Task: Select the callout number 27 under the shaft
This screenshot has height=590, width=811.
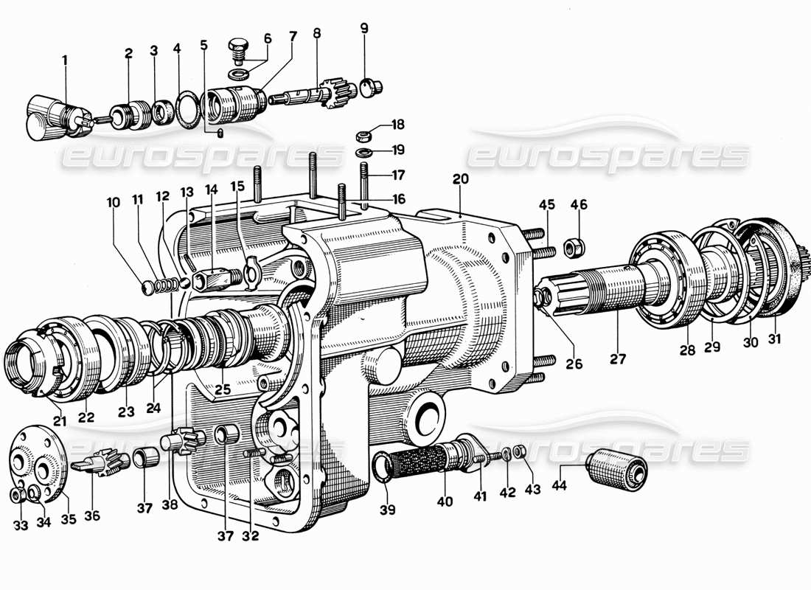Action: (x=617, y=359)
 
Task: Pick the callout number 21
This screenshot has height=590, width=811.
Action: (x=59, y=421)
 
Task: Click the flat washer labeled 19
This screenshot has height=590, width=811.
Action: (x=363, y=152)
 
